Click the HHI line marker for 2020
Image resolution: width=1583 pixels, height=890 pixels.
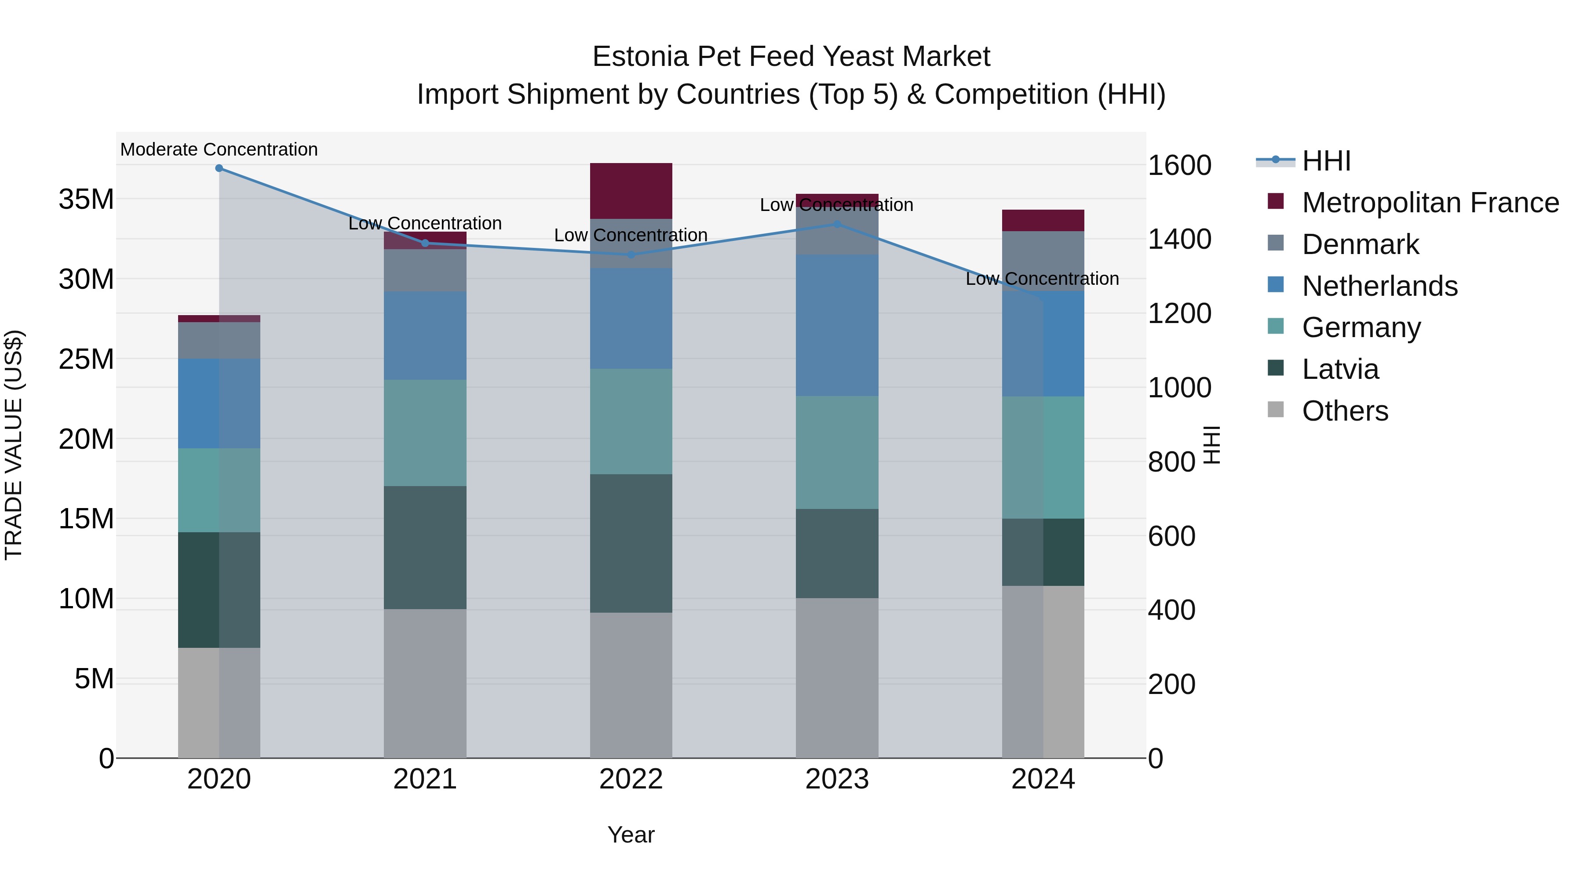(219, 168)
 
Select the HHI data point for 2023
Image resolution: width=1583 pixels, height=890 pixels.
(836, 224)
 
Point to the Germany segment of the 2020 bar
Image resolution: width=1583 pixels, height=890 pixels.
(219, 490)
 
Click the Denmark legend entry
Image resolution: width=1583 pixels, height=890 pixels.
(1360, 244)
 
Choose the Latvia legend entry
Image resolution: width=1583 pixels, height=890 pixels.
(1340, 369)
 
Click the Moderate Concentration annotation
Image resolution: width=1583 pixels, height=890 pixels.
(219, 149)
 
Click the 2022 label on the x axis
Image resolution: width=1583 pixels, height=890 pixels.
(631, 779)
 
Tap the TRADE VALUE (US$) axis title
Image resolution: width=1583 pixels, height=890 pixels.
(14, 445)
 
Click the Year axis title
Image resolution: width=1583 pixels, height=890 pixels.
(631, 835)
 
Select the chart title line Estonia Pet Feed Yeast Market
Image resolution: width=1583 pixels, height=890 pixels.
(791, 57)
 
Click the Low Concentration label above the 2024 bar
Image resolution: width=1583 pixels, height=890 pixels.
(1042, 279)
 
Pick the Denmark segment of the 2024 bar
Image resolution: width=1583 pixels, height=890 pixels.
(1043, 261)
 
